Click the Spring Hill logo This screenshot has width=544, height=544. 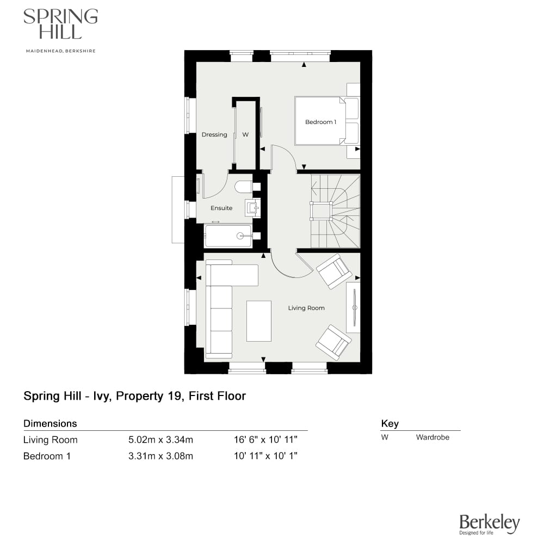pyautogui.click(x=60, y=24)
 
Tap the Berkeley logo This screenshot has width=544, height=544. pyautogui.click(x=490, y=524)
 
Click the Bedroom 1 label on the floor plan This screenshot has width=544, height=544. pyautogui.click(x=320, y=122)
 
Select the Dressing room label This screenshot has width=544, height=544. pyautogui.click(x=214, y=135)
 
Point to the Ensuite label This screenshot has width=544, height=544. pyautogui.click(x=221, y=208)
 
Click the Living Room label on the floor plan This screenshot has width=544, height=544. pyautogui.click(x=306, y=308)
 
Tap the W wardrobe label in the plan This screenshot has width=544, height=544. pyautogui.click(x=245, y=135)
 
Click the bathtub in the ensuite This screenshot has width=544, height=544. pyautogui.click(x=228, y=236)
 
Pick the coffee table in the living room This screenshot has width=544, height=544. pyautogui.click(x=258, y=321)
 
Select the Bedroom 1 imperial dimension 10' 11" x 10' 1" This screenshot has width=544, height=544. pyautogui.click(x=265, y=456)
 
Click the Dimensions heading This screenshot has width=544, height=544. pyautogui.click(x=50, y=423)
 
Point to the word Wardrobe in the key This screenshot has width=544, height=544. pyautogui.click(x=432, y=437)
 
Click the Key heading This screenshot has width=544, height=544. pyautogui.click(x=390, y=423)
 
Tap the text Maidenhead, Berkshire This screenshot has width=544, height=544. pyautogui.click(x=60, y=51)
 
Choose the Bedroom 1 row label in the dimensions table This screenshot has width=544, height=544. pyautogui.click(x=47, y=456)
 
